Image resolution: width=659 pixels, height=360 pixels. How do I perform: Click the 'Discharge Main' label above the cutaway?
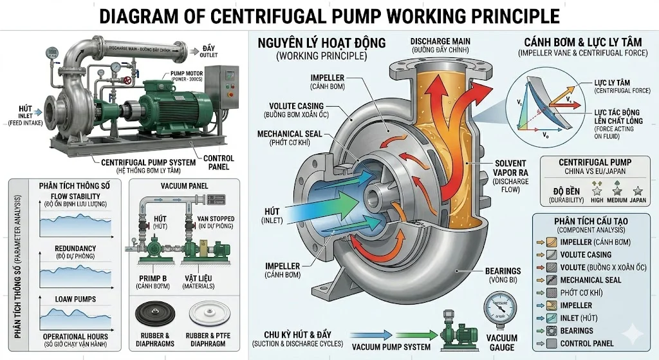[439, 43]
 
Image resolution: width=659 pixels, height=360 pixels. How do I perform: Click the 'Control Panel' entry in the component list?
[587, 343]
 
